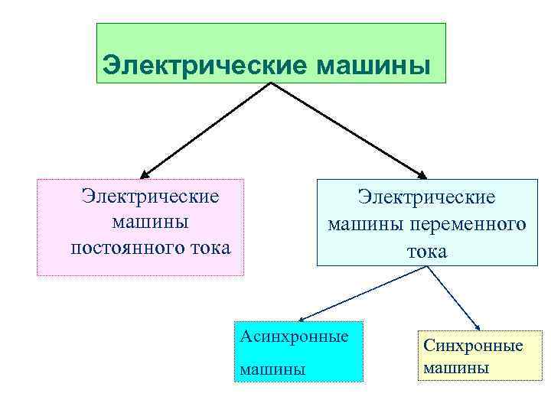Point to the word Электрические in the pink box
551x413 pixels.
151,196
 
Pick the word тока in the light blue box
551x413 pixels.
427,251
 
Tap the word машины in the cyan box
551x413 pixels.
272,369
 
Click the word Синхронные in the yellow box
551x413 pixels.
473,346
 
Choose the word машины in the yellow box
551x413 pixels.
456,368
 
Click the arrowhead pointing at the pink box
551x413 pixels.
145,174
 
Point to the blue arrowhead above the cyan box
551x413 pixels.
302,319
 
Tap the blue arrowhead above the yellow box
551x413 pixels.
478,328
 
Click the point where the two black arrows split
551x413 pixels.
271,83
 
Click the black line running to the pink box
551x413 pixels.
207,129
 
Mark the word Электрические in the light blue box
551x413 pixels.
427,197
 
